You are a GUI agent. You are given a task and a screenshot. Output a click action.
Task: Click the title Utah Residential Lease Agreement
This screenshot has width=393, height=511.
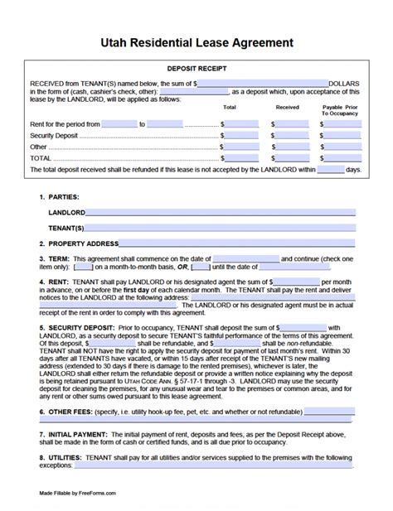pos(196,41)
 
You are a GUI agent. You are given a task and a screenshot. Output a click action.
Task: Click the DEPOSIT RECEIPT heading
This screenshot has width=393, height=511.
pos(196,70)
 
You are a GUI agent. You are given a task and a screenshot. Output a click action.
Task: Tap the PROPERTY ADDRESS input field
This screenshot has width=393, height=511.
pos(241,243)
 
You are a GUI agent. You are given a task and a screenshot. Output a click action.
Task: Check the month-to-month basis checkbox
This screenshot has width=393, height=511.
pos(83,267)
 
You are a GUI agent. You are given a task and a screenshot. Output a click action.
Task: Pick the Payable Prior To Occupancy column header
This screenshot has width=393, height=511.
pos(341,109)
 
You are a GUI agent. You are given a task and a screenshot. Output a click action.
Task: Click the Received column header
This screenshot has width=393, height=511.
pos(287,107)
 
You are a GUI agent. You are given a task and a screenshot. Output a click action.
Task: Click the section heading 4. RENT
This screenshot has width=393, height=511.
pos(56,282)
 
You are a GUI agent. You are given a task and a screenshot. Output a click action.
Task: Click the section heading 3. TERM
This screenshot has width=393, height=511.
pos(57,259)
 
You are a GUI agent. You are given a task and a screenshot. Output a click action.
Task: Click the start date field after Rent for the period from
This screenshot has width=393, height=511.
pos(119,123)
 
